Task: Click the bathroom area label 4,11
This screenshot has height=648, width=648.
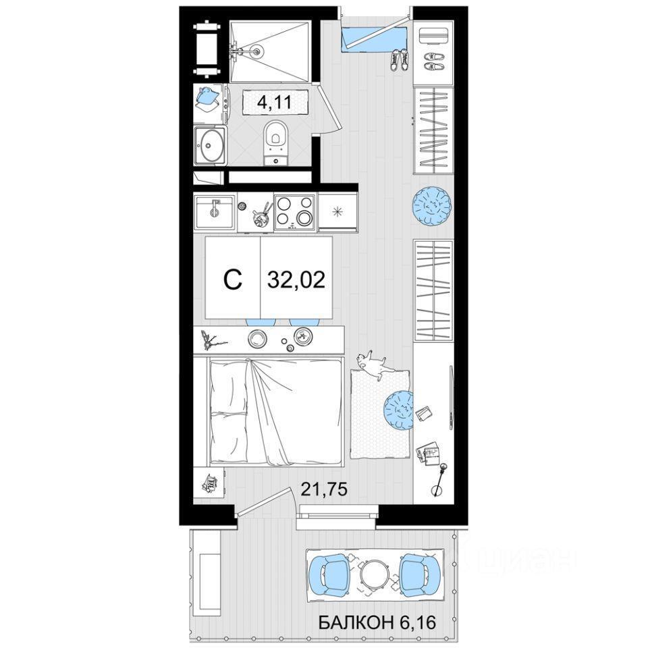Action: point(275,101)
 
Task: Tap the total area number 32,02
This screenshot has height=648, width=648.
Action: point(296,279)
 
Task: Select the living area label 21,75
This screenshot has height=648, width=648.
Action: point(324,489)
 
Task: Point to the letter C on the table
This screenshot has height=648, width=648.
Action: point(232,279)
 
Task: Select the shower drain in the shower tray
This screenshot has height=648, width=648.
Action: point(257,52)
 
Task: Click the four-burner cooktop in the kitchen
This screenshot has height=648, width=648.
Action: point(295,212)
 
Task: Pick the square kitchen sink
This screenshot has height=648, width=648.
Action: point(215,211)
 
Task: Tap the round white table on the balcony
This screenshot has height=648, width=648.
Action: point(375,574)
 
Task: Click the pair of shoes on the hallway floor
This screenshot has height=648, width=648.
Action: point(399,59)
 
